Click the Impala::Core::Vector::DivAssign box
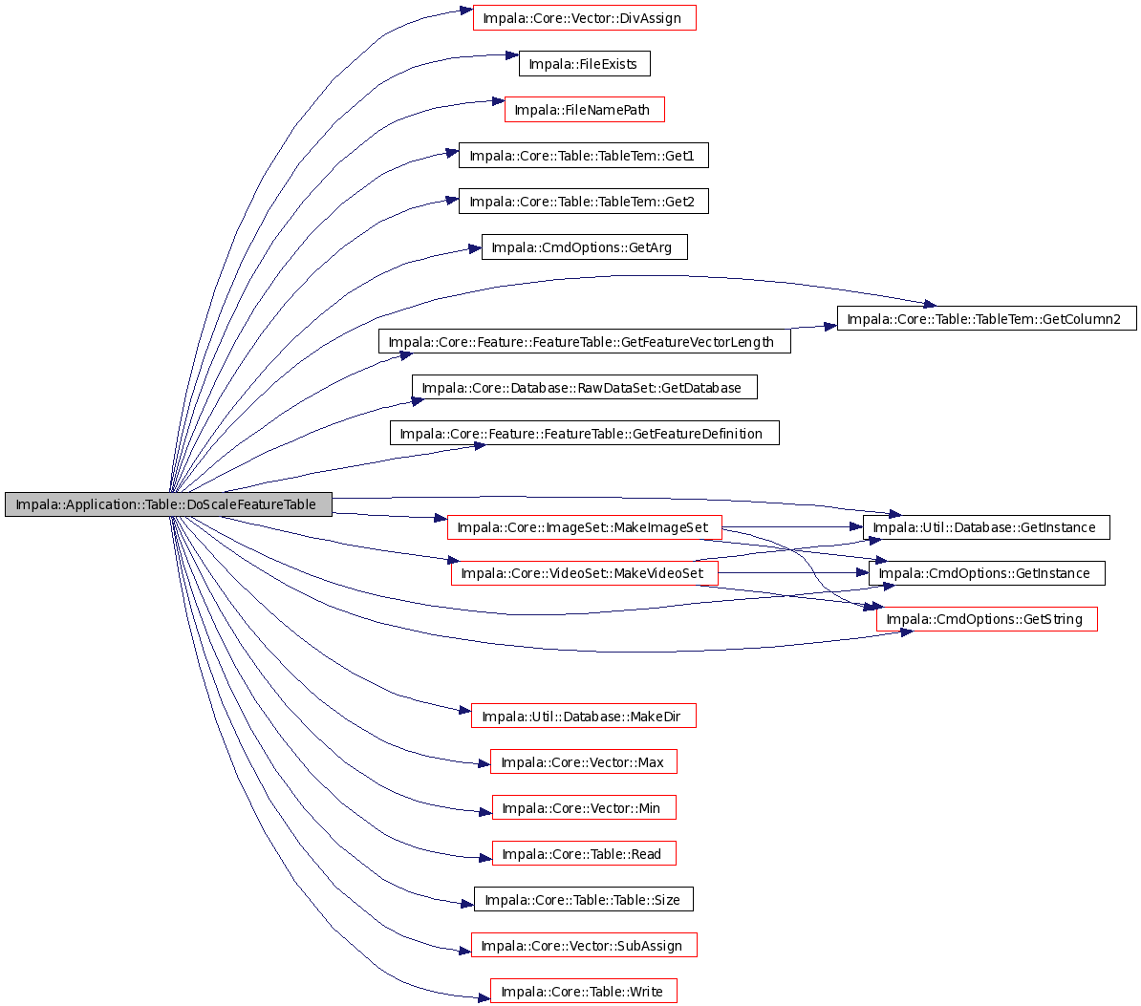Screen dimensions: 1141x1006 (x=584, y=17)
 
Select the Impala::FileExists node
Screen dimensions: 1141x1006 (x=584, y=63)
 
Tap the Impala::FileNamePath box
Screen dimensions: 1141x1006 (x=584, y=109)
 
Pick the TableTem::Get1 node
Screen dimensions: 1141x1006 (x=584, y=155)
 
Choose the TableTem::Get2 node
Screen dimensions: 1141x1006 (x=584, y=201)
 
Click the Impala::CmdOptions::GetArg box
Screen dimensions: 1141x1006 (x=584, y=246)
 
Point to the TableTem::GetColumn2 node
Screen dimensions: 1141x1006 (x=987, y=318)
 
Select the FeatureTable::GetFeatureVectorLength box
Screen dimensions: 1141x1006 (x=584, y=341)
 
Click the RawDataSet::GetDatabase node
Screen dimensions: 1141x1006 (x=584, y=387)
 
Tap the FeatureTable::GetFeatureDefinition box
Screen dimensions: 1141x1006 (x=584, y=433)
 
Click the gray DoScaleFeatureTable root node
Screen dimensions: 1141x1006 (x=168, y=504)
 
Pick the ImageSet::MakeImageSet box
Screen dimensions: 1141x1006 (x=584, y=526)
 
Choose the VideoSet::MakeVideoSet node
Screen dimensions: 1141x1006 (x=584, y=572)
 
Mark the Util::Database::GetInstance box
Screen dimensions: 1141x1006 (x=986, y=526)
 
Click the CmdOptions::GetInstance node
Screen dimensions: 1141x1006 (x=987, y=572)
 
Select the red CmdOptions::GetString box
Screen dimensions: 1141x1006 (x=987, y=618)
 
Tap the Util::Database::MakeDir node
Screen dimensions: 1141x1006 (x=584, y=716)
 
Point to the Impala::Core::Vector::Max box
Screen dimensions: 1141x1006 (x=584, y=761)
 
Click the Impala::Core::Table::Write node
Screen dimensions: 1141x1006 (x=584, y=991)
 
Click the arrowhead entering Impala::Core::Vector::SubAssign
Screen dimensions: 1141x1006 (x=465, y=951)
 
